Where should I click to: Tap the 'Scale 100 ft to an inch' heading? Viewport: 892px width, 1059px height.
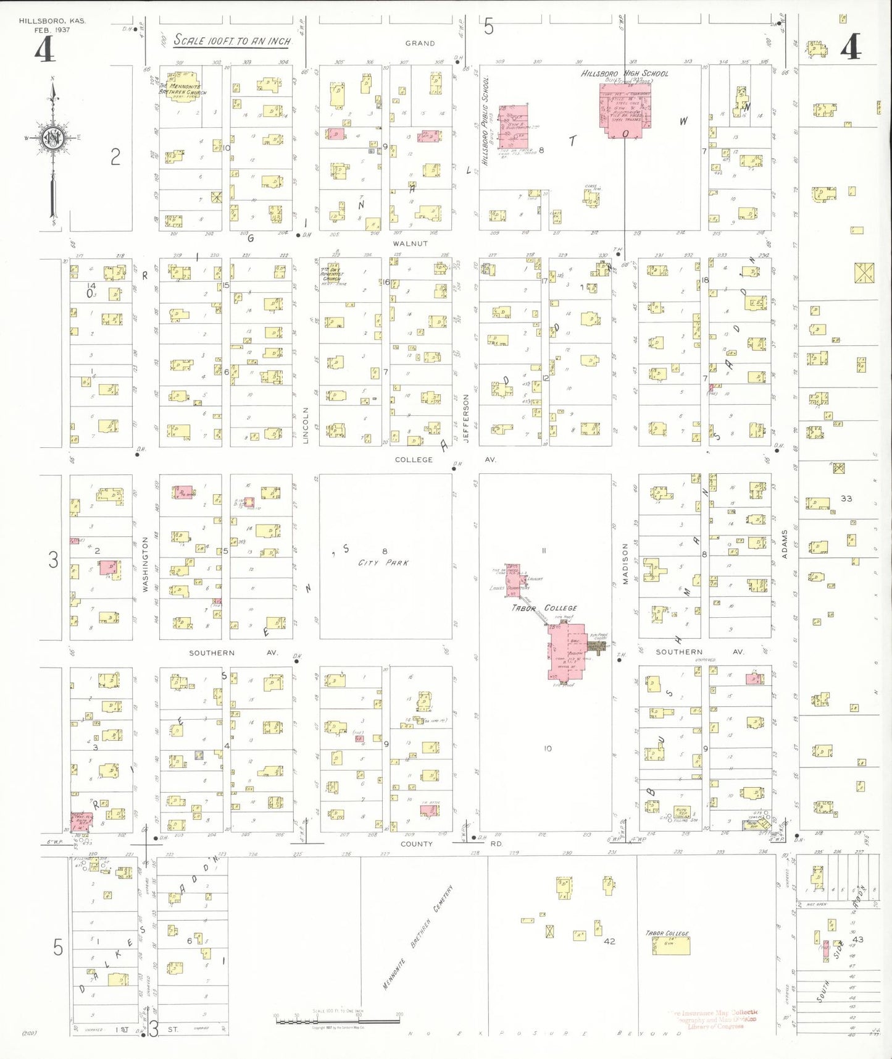click(x=231, y=41)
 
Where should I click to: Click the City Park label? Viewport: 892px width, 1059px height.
click(x=383, y=563)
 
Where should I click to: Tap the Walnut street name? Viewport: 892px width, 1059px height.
click(x=410, y=243)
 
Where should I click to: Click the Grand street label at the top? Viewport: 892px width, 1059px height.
click(x=420, y=43)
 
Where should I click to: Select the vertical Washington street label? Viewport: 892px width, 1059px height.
click(x=146, y=564)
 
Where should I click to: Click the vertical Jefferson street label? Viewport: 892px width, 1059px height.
click(x=466, y=418)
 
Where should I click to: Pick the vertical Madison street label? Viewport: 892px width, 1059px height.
click(x=625, y=563)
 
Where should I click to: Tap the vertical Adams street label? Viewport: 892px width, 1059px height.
click(x=785, y=544)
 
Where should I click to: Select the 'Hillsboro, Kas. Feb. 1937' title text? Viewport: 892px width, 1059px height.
click(x=52, y=25)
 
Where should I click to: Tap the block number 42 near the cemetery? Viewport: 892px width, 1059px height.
click(x=609, y=941)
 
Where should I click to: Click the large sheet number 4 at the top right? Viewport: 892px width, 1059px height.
click(x=851, y=48)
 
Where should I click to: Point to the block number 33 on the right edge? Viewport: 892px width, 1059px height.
click(x=846, y=498)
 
